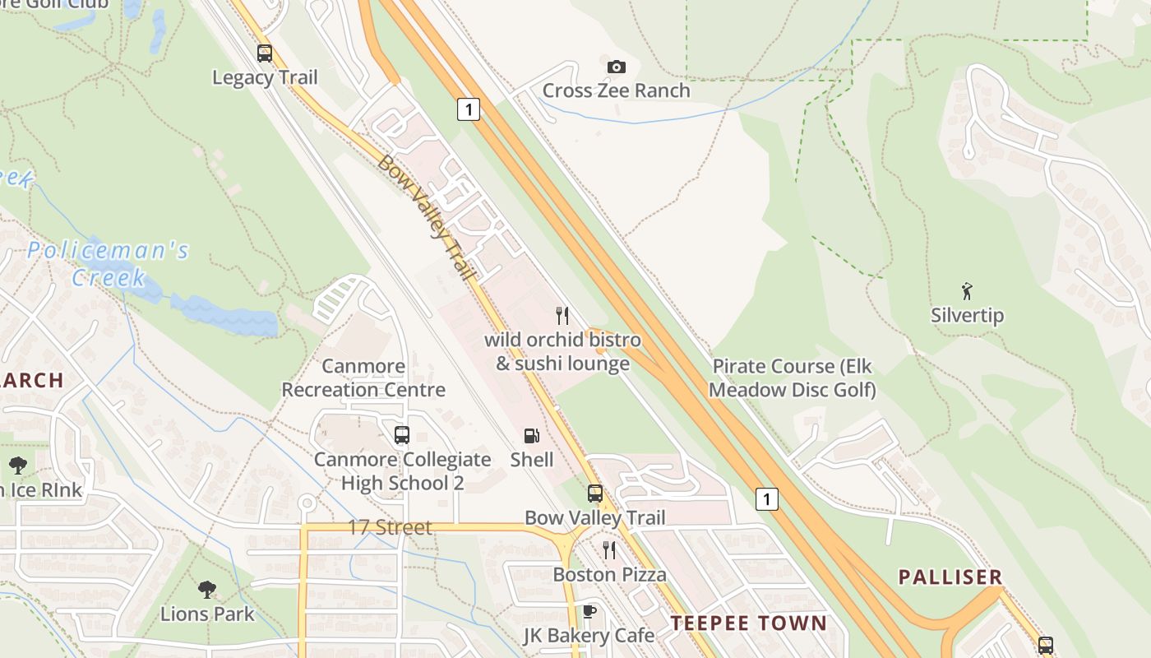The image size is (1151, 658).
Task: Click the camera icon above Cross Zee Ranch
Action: (x=616, y=67)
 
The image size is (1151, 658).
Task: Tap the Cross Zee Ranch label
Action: (x=616, y=90)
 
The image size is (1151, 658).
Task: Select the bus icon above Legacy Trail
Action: (x=264, y=53)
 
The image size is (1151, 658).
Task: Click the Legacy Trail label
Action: (x=264, y=77)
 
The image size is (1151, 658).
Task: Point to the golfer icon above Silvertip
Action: (x=967, y=290)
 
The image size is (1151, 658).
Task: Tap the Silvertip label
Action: (x=967, y=315)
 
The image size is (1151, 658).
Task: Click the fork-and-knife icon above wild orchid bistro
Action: (x=562, y=315)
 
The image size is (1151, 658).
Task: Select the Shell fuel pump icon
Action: (x=532, y=436)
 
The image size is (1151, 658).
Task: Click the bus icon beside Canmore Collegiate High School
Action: (x=402, y=435)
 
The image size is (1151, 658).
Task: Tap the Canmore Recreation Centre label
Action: (x=363, y=378)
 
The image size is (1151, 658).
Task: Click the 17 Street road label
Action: (x=390, y=527)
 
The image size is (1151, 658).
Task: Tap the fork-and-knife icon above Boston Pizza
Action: (x=609, y=549)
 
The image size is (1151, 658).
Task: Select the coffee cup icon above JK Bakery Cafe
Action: (x=589, y=611)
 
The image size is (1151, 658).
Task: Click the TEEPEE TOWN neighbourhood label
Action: (x=748, y=623)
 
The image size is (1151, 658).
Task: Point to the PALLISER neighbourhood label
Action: (x=950, y=577)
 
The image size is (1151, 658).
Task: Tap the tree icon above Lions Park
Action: (x=207, y=589)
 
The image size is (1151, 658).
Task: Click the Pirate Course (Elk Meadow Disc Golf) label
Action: (x=793, y=378)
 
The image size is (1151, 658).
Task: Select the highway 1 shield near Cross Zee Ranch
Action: (x=468, y=109)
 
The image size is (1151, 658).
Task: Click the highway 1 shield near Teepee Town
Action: (x=766, y=498)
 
